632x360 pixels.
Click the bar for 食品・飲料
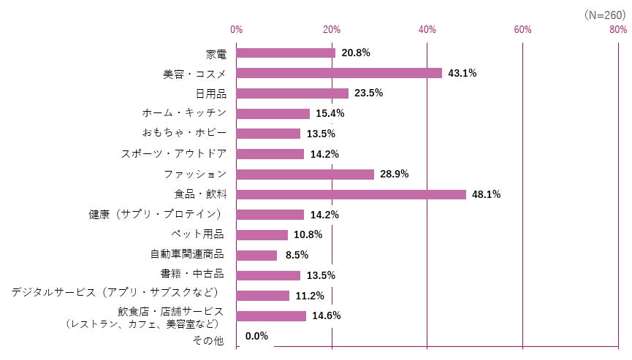click(x=351, y=195)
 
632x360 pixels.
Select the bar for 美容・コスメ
click(x=339, y=73)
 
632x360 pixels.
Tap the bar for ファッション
click(x=305, y=175)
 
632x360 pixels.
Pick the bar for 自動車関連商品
click(x=257, y=256)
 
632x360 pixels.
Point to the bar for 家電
click(x=286, y=53)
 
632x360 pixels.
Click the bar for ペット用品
click(x=262, y=235)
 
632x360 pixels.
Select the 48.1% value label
click(x=487, y=195)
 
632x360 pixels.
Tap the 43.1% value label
click(x=462, y=73)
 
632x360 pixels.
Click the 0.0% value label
click(x=256, y=337)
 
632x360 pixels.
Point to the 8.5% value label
click(x=297, y=256)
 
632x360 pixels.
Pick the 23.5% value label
click(x=369, y=93)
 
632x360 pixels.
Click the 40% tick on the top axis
click(x=427, y=29)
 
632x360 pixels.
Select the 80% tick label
click(x=617, y=29)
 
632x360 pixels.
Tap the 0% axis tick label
click(x=237, y=29)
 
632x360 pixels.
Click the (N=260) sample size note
click(x=605, y=15)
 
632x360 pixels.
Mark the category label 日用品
click(x=210, y=93)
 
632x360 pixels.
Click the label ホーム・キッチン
click(x=184, y=113)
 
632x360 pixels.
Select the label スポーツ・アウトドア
click(x=173, y=153)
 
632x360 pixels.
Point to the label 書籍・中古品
click(x=191, y=275)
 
